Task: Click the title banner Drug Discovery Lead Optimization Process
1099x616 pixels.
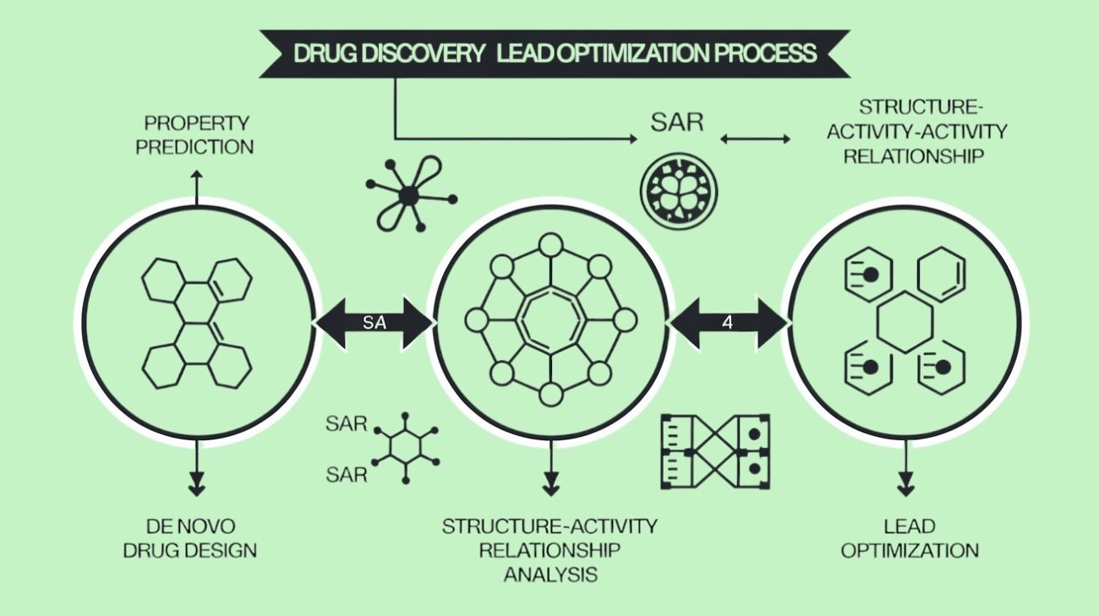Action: click(555, 53)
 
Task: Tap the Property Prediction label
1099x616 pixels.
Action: click(195, 135)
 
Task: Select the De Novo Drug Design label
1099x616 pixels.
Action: click(190, 538)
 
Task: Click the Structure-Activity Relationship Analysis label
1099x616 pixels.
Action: click(549, 550)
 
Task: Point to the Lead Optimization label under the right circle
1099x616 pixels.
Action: click(910, 538)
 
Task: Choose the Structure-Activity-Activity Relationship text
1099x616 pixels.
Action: click(916, 132)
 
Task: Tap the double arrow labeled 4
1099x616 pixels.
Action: click(727, 322)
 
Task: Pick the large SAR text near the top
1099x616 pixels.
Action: click(676, 123)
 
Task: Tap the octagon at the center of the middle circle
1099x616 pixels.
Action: click(550, 320)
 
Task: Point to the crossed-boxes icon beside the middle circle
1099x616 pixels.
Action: click(715, 451)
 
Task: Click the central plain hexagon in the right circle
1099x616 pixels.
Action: click(905, 321)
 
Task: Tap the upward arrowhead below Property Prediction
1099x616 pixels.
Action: click(196, 175)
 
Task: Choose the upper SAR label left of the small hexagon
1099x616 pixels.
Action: click(347, 423)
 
